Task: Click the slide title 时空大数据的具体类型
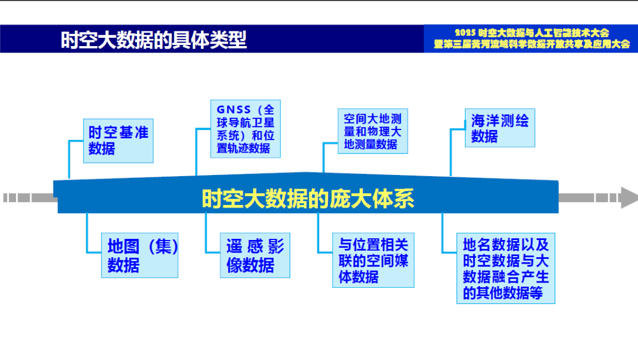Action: (154, 40)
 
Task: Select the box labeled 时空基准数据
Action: (118, 141)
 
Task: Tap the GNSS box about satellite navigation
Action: (245, 129)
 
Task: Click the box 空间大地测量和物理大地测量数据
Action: (372, 131)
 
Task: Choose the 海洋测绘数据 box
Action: (500, 128)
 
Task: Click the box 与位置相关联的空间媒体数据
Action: (373, 260)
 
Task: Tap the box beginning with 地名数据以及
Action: (506, 268)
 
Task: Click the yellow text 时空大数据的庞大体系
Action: (308, 199)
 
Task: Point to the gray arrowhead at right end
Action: (628, 197)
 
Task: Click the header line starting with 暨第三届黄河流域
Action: (532, 44)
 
